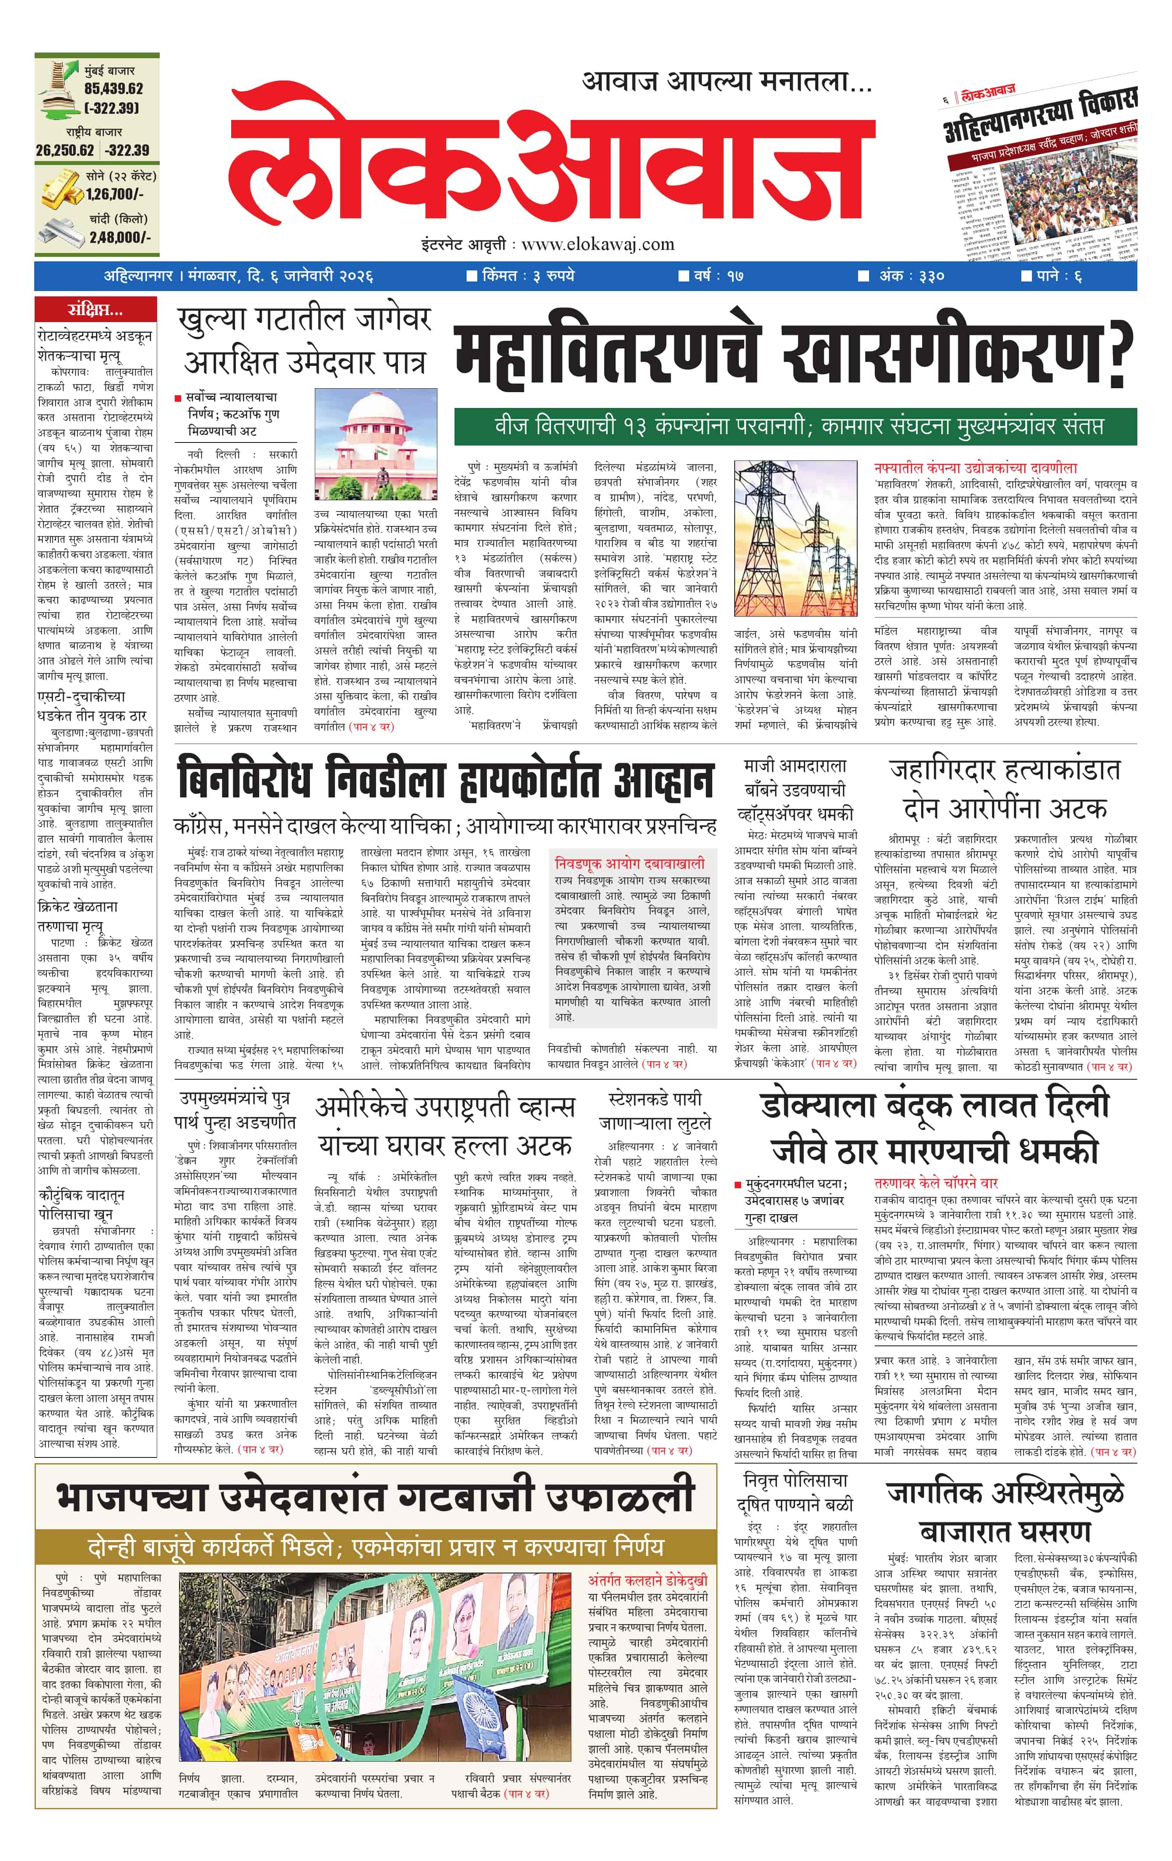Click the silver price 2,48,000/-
120,237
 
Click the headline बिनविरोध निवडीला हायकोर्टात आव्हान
444,781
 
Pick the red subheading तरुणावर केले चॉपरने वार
936,1183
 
